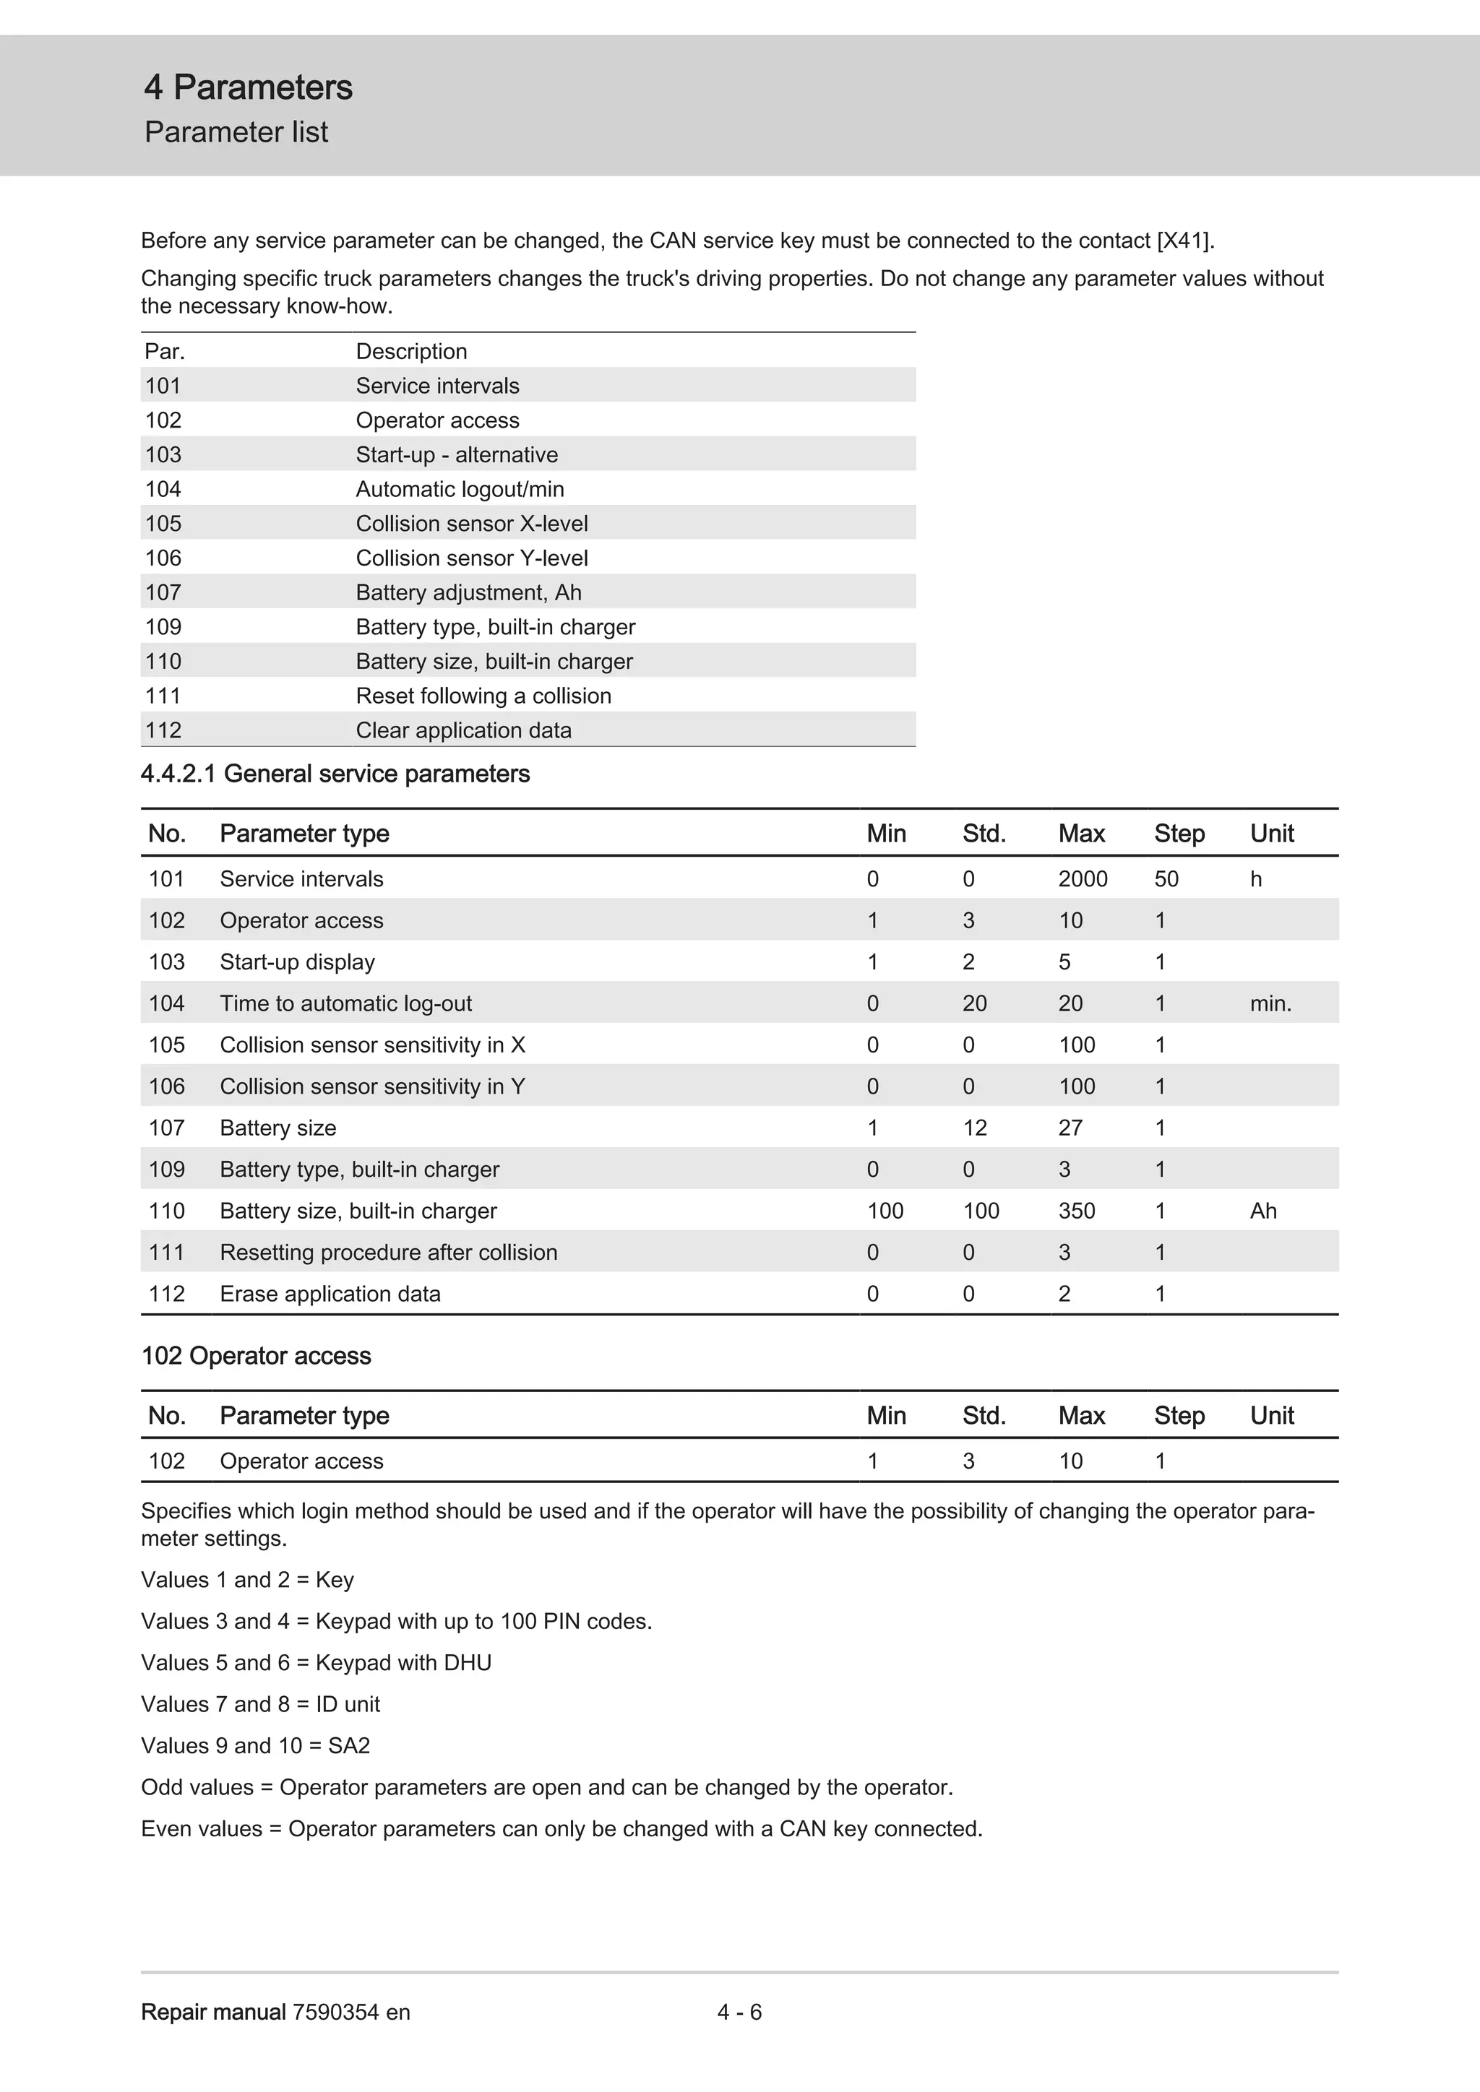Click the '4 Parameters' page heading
point(248,87)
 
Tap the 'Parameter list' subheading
point(236,132)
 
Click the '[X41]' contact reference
point(1184,241)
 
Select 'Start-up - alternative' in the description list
point(457,454)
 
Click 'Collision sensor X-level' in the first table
point(471,524)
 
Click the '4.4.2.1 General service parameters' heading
point(335,774)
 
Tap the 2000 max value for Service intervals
point(1082,878)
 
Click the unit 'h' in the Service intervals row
point(1255,878)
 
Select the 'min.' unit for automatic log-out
point(1270,1003)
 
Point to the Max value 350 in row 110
point(1076,1210)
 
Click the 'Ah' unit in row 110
point(1262,1210)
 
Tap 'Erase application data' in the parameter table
point(330,1293)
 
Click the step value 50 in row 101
point(1166,878)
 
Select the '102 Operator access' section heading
point(256,1356)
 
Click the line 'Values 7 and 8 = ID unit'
point(261,1704)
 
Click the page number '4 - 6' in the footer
point(739,2012)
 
